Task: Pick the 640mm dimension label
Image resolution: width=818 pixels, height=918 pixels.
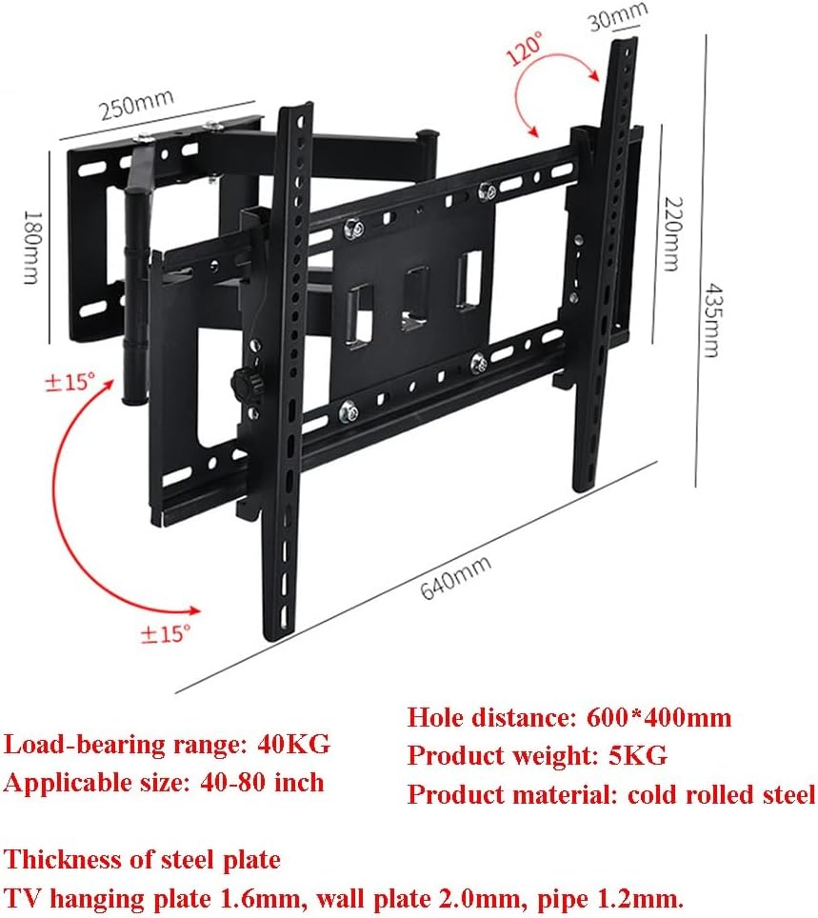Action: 456,582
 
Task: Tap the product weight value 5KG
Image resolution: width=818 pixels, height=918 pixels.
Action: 637,756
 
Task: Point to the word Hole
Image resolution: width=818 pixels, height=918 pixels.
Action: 435,718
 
